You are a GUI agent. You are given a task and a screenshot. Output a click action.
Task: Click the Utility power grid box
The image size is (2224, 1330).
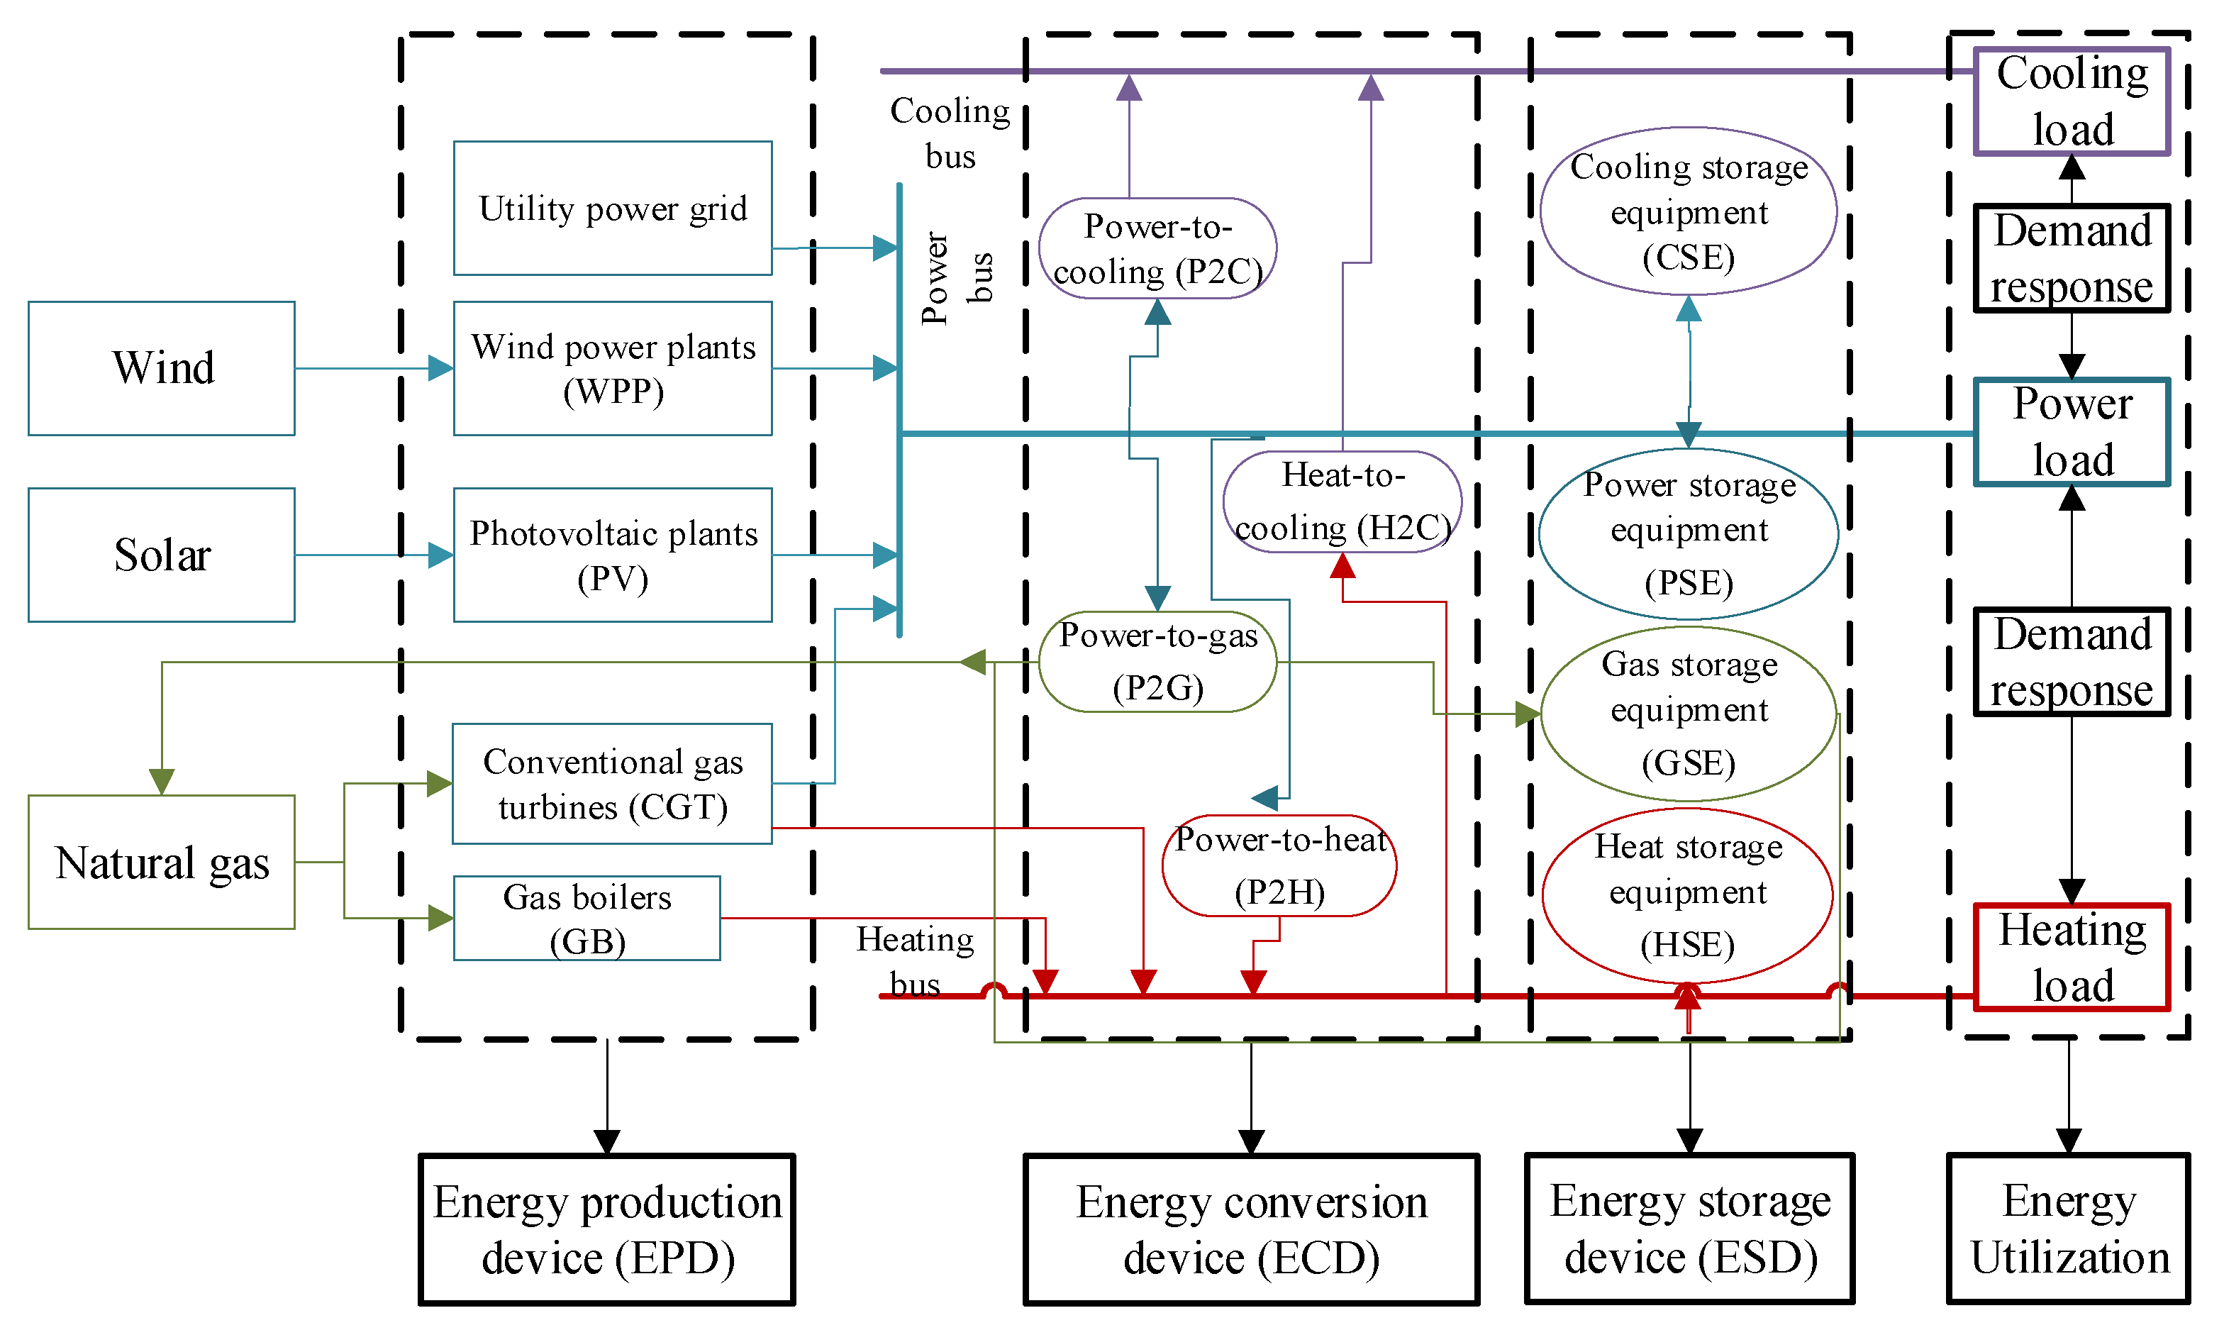[612, 208]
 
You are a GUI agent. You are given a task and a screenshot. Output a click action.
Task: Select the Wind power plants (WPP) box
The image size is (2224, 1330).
[612, 368]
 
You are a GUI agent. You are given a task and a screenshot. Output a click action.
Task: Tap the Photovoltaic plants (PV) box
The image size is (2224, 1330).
[612, 555]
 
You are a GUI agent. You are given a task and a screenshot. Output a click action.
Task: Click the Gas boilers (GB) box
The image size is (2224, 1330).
[587, 919]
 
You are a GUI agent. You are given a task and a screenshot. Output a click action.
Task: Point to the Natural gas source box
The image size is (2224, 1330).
[161, 862]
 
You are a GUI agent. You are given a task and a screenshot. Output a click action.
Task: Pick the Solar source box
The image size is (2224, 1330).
[161, 555]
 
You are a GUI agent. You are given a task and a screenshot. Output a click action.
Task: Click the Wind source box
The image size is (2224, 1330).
[161, 368]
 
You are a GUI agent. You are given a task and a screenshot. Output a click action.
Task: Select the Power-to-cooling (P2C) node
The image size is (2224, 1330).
[1157, 248]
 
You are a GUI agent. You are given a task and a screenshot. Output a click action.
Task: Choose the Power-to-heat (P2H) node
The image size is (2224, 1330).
[1279, 865]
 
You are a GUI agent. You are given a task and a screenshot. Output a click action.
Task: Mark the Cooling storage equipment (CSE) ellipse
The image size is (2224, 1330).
[1688, 211]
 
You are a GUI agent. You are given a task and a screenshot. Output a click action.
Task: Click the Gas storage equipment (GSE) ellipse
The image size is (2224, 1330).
[1688, 714]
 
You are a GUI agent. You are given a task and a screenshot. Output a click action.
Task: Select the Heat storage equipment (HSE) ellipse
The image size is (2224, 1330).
[1688, 895]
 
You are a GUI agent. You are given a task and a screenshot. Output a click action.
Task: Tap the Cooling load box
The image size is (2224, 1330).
[2071, 101]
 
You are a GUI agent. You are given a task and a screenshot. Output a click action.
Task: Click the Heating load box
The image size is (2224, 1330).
[2071, 957]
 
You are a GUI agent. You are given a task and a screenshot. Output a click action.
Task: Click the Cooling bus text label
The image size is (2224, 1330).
[949, 133]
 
